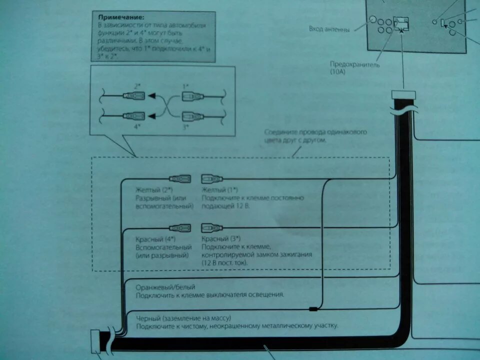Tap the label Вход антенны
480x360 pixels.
pos(329,29)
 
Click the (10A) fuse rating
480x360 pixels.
pos(337,72)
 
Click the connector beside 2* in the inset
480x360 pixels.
pos(134,96)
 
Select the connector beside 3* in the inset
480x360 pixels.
pos(192,116)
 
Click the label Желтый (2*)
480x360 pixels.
pos(154,190)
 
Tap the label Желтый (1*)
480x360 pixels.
pos(219,190)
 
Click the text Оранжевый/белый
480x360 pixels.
pos(165,287)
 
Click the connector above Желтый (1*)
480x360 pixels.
pos(211,178)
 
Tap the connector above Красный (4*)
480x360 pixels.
pos(179,227)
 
